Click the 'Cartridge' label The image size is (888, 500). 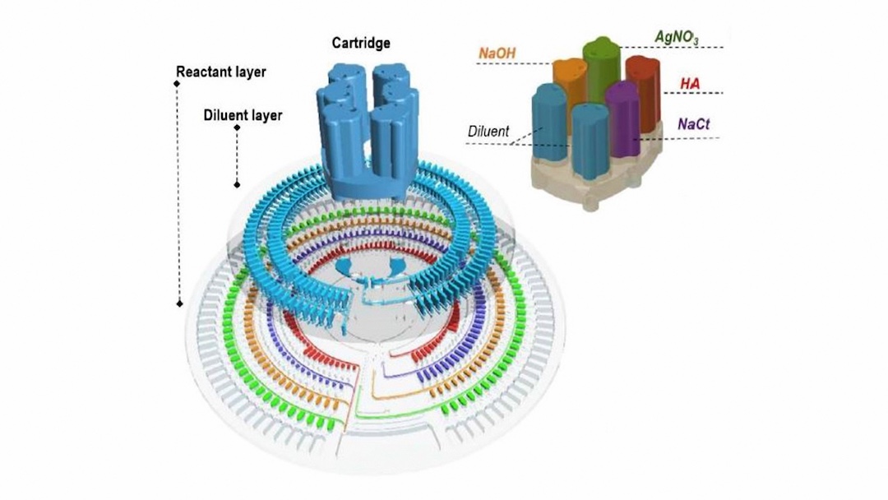click(361, 43)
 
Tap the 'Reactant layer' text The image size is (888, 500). click(222, 72)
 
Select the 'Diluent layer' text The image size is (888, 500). click(243, 115)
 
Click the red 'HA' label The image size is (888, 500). click(690, 84)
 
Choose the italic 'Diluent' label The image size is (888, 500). click(488, 131)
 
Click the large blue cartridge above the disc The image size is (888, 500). click(362, 132)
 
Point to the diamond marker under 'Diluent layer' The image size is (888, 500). click(237, 127)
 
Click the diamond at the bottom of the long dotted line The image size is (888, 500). click(179, 303)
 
